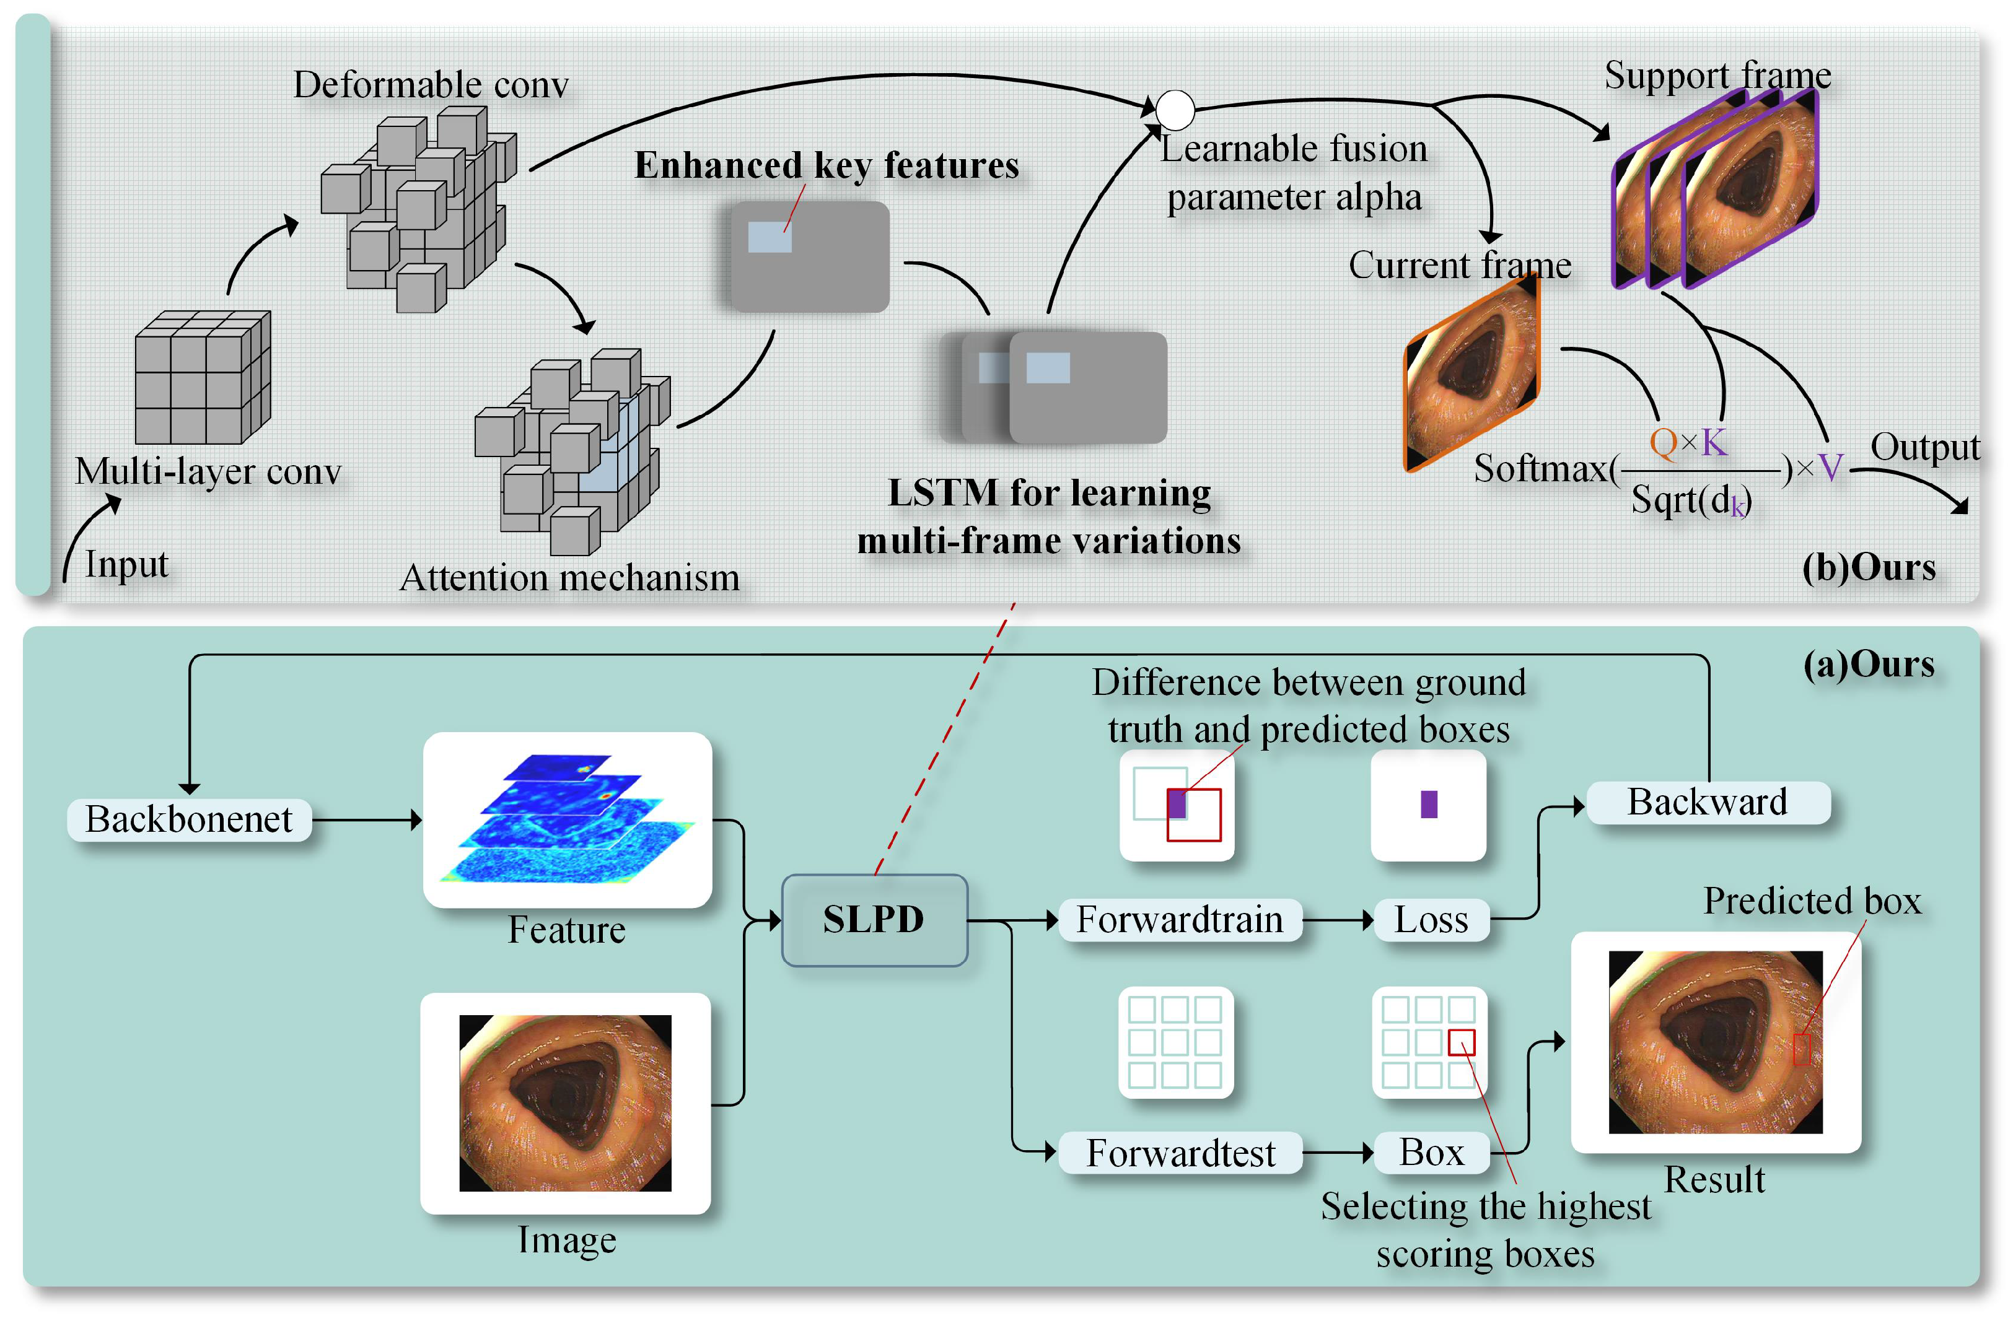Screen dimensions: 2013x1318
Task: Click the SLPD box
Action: (x=875, y=920)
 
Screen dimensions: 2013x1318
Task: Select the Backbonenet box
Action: (x=190, y=819)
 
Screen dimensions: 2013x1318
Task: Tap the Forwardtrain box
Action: (x=1179, y=920)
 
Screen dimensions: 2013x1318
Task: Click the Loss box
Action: (x=1431, y=920)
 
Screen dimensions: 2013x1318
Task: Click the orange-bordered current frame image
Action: (x=1471, y=373)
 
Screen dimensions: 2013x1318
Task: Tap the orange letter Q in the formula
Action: (x=1663, y=442)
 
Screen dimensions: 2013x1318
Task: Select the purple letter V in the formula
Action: (x=1830, y=468)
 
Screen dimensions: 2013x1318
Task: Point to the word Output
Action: (x=1925, y=447)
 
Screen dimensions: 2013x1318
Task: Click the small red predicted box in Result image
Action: (x=1802, y=1049)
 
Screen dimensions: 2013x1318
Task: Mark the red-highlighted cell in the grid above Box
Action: (x=1462, y=1042)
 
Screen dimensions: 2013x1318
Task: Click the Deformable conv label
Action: (x=431, y=84)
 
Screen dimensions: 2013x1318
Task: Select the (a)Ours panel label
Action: (x=1869, y=665)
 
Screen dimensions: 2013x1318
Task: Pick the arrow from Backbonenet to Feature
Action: (x=367, y=819)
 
